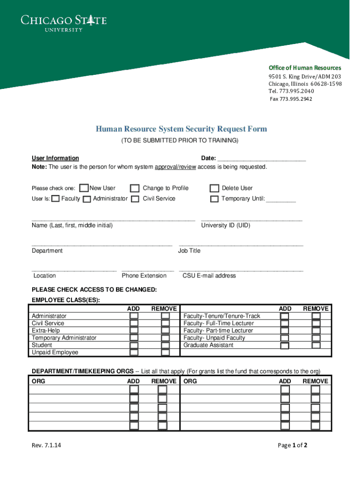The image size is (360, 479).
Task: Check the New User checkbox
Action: point(84,188)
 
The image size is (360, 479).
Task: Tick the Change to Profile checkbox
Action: point(135,189)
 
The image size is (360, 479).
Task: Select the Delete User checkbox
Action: point(214,189)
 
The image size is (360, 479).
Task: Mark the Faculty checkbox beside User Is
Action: point(56,199)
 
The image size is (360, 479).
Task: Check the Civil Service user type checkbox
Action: point(135,199)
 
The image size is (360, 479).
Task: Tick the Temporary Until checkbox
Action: point(214,199)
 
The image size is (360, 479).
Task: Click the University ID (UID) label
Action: point(225,225)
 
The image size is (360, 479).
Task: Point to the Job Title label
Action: point(189,251)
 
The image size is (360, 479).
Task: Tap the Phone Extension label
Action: point(144,276)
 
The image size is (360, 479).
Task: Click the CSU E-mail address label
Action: point(209,276)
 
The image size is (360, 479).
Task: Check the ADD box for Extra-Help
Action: point(134,331)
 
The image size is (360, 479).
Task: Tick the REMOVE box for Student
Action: point(165,345)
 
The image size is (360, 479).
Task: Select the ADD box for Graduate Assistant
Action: point(284,346)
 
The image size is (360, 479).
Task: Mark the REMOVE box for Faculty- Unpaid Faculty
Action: point(316,338)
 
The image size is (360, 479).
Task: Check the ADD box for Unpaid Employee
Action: point(134,353)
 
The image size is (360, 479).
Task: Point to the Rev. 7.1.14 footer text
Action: point(46,445)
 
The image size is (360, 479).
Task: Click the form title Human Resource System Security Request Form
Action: point(181,129)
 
